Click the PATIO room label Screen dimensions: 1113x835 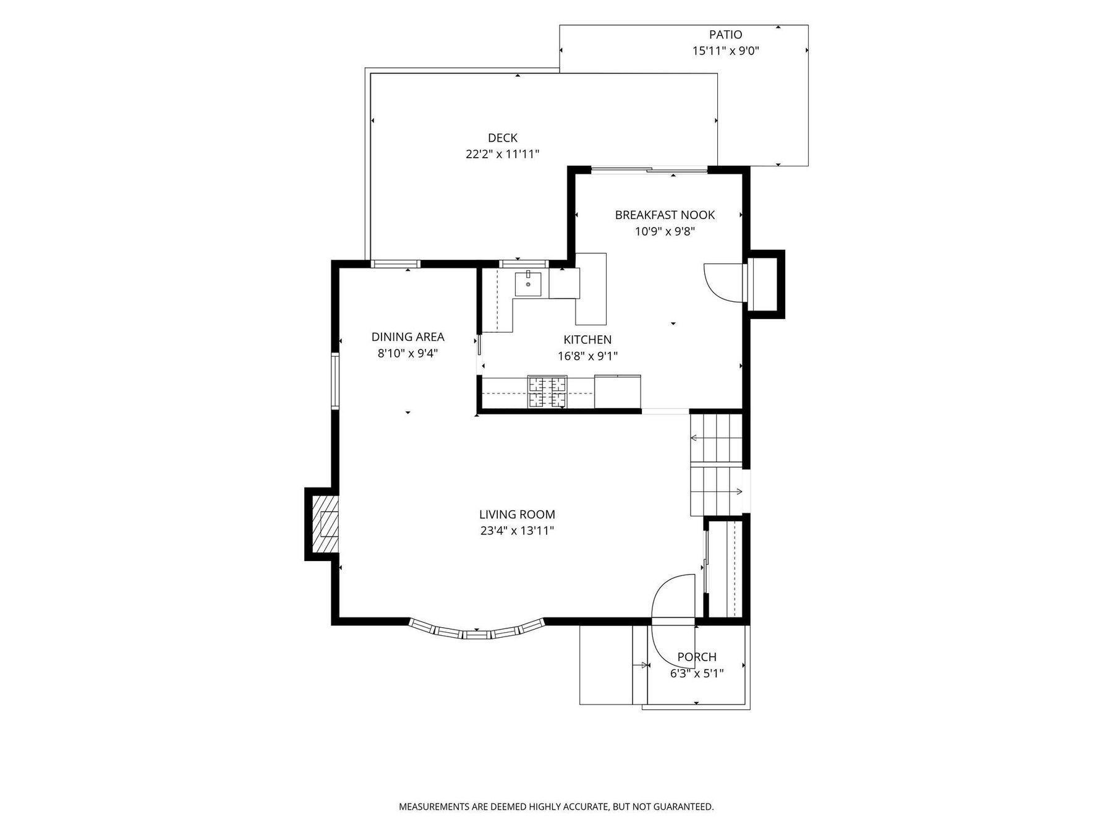725,35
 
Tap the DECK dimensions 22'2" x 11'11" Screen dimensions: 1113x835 502,154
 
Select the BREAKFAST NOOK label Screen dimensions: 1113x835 665,215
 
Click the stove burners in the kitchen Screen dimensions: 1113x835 547,392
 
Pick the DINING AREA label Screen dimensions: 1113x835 407,337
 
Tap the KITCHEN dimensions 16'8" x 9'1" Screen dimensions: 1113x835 587,356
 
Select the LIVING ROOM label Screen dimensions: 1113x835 517,514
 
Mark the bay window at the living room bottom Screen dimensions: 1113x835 476,631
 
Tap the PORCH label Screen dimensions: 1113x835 697,657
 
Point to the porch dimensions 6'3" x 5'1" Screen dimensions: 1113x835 697,673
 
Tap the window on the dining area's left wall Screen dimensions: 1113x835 335,380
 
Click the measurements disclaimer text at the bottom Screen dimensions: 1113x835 556,807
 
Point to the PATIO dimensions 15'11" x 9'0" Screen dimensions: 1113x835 725,51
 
